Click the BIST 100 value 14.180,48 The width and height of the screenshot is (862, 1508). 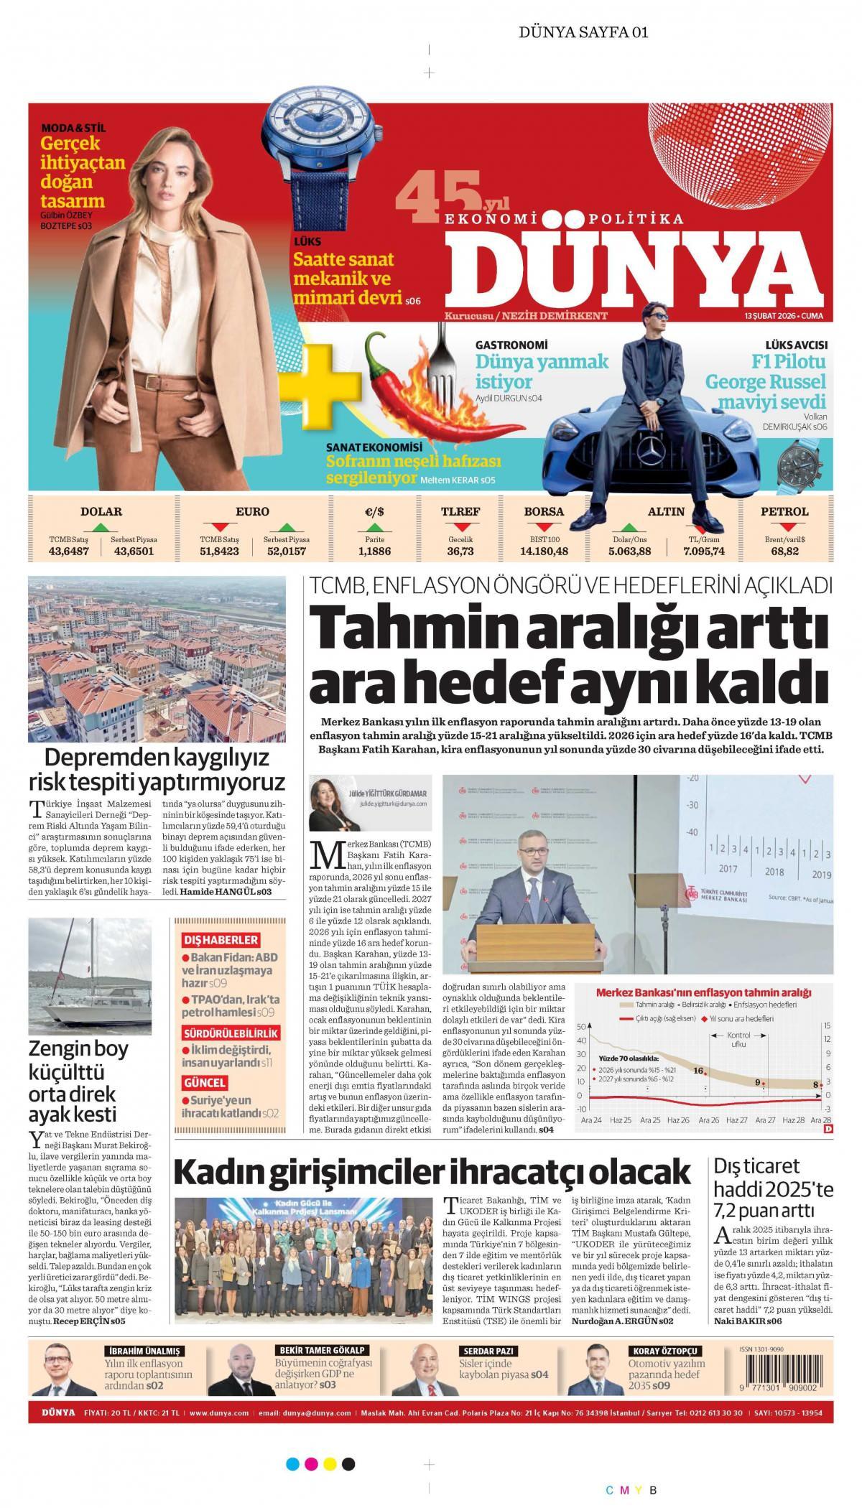[x=544, y=551]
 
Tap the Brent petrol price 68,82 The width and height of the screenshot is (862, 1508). [x=784, y=551]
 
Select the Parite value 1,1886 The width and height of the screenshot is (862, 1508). [x=374, y=551]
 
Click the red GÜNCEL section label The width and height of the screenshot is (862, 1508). [x=205, y=1082]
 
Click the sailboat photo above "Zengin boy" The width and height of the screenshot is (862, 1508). [x=90, y=974]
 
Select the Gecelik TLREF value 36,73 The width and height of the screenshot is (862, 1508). [x=460, y=551]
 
